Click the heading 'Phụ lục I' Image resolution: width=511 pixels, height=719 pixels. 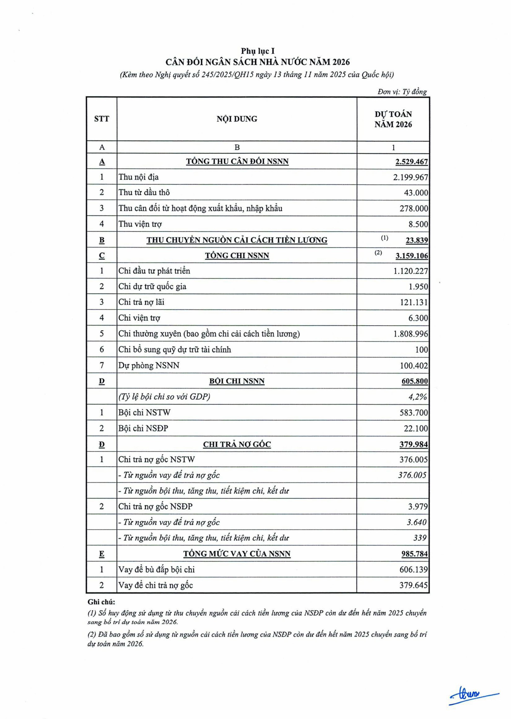(258, 51)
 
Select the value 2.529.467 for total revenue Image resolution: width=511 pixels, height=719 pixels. (412, 162)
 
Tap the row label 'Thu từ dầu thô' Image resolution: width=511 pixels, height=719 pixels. (144, 192)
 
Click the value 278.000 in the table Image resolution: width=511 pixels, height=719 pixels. (414, 208)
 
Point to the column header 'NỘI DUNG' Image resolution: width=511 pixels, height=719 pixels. (237, 119)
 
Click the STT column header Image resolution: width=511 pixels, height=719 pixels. (101, 119)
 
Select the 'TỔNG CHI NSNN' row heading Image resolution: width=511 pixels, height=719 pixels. (237, 256)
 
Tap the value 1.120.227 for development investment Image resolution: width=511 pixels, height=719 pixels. (411, 271)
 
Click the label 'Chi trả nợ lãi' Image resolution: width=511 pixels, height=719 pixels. (141, 302)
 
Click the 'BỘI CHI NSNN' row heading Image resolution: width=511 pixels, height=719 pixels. (237, 381)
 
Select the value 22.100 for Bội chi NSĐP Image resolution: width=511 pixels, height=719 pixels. (416, 429)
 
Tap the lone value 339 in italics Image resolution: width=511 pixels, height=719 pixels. (420, 538)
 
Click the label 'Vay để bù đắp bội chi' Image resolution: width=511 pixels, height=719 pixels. (156, 569)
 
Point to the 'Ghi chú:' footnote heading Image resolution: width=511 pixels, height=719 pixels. (101, 602)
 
